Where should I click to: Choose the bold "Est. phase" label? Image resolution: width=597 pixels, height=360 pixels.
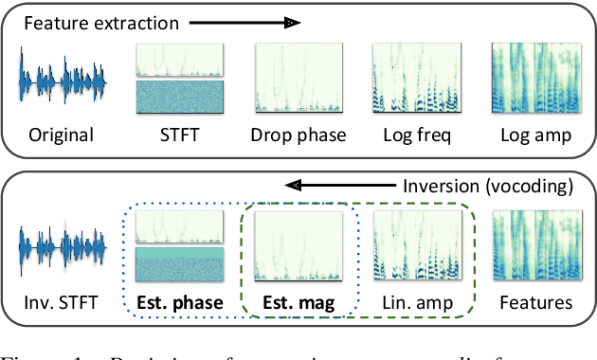179,303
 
